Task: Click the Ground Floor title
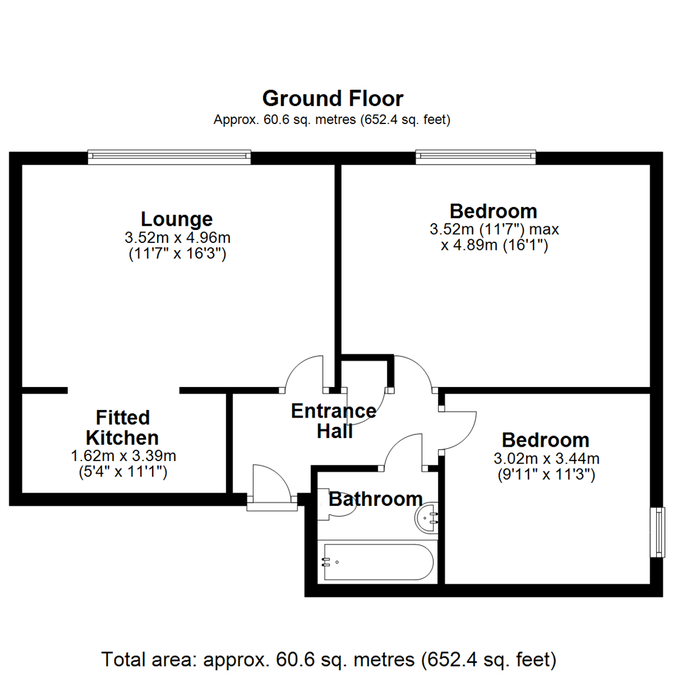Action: (x=332, y=98)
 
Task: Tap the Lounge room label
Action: (x=176, y=219)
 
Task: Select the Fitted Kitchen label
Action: (x=122, y=427)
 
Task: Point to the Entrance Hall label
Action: (x=333, y=421)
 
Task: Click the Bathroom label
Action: (x=375, y=499)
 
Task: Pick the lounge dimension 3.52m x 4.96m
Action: (x=176, y=237)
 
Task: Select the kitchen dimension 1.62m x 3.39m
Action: (x=122, y=456)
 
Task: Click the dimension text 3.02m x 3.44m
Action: (x=546, y=459)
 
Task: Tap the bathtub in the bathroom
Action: (x=376, y=562)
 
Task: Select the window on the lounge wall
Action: (x=169, y=156)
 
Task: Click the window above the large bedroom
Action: (x=475, y=156)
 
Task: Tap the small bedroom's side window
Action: (x=656, y=532)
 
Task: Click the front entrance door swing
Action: (x=270, y=483)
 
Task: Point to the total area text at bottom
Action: (x=328, y=658)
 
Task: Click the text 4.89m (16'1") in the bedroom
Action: (x=494, y=246)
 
